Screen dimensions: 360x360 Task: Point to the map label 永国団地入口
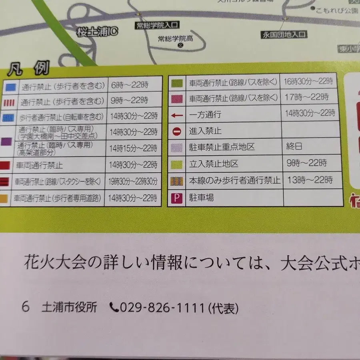pyautogui.click(x=284, y=35)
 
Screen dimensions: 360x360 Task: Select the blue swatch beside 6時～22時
pyautogui.click(x=10, y=85)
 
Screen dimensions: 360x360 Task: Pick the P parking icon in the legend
pyautogui.click(x=176, y=197)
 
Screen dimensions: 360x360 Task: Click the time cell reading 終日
pyautogui.click(x=294, y=146)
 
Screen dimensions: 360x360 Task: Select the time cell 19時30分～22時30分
pyautogui.click(x=132, y=181)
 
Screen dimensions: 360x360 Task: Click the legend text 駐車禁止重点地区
pyautogui.click(x=222, y=147)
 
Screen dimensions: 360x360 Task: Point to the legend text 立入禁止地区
pyautogui.click(x=214, y=164)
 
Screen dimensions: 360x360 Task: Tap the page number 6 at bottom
pyautogui.click(x=26, y=308)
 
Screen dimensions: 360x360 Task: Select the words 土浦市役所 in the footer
pyautogui.click(x=69, y=308)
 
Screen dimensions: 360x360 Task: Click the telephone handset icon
pyautogui.click(x=114, y=308)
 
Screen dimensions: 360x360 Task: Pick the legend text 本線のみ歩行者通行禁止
pyautogui.click(x=234, y=180)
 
